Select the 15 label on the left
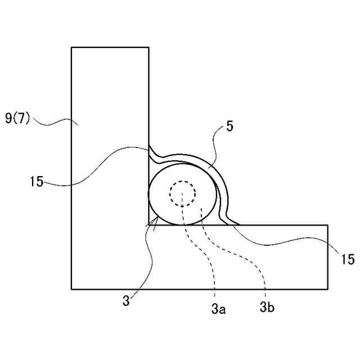pos(36,182)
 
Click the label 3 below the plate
pos(127,301)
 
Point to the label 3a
pos(218,308)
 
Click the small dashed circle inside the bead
pos(183,193)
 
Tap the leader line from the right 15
pos(281,242)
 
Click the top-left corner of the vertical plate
pos(71,47)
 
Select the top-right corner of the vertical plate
pos(148,47)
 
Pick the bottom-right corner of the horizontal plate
pos(328,289)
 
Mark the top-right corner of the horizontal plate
pos(328,225)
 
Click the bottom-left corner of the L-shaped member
pos(71,289)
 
